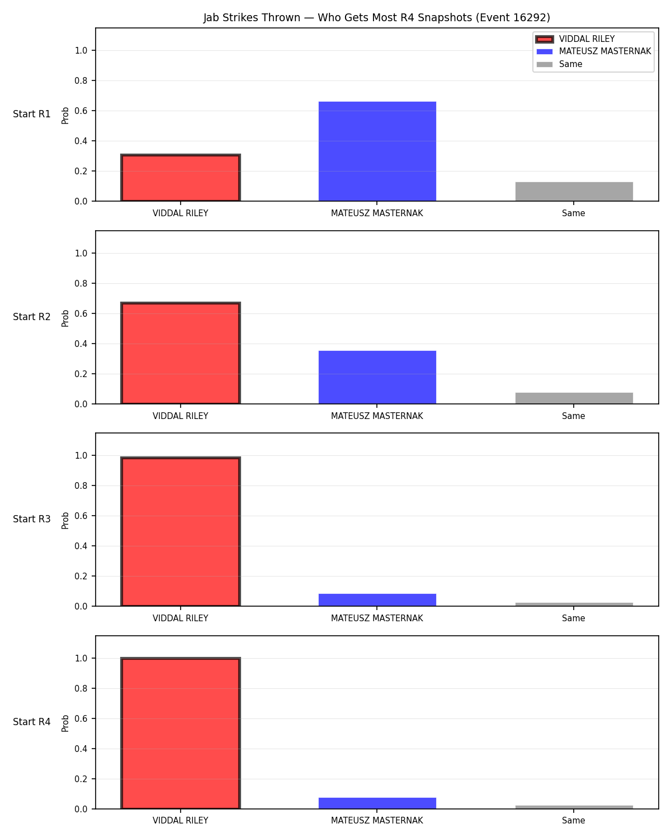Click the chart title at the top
point(376,17)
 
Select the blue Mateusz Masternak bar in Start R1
point(377,151)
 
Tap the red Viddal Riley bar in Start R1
point(181,178)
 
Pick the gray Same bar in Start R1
point(574,192)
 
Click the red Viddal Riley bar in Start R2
point(181,353)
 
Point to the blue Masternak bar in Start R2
point(377,377)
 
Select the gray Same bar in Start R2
point(574,398)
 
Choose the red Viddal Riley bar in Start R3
point(181,531)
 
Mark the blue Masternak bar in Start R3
point(377,599)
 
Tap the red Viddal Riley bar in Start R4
point(181,733)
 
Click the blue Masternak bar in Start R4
point(377,803)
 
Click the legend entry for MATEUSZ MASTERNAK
point(593,51)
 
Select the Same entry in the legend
point(559,64)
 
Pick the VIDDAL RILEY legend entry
point(575,39)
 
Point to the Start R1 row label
point(31,114)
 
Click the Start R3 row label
point(31,519)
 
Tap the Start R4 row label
point(31,722)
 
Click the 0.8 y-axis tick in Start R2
point(81,283)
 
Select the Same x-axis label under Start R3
point(573,618)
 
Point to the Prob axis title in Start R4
point(65,723)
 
